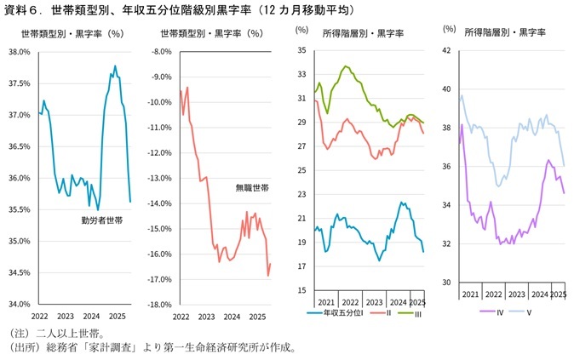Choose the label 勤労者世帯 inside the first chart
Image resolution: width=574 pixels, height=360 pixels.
tap(102, 220)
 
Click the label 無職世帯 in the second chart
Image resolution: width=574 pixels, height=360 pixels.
tap(252, 187)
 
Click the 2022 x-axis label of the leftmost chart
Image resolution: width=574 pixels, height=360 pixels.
tap(39, 315)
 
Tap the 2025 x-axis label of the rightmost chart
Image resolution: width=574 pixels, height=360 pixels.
tap(558, 294)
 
